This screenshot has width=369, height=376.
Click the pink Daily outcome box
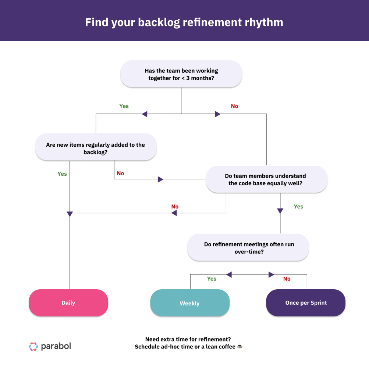[68, 303]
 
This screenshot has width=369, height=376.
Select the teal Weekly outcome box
[190, 303]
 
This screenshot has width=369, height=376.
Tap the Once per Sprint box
[306, 303]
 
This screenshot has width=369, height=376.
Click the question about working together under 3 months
[181, 74]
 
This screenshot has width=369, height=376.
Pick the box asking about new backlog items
[96, 148]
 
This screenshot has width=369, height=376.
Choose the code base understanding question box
[266, 179]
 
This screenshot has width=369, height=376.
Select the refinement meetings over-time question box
[248, 248]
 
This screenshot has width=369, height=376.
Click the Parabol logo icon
[33, 346]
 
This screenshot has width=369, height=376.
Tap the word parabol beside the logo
[56, 346]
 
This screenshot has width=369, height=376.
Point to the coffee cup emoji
[240, 347]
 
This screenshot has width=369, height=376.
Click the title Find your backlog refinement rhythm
[184, 22]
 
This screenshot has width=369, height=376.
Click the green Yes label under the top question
[124, 106]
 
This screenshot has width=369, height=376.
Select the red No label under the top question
[234, 106]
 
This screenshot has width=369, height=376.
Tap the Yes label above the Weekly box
[212, 279]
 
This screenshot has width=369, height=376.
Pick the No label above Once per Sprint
[287, 279]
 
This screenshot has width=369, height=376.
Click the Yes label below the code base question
[298, 207]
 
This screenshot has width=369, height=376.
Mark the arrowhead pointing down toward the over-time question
[280, 211]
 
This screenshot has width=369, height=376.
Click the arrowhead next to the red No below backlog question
[160, 179]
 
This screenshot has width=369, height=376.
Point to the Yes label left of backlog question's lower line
[62, 174]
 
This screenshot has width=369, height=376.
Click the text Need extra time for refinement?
[188, 339]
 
